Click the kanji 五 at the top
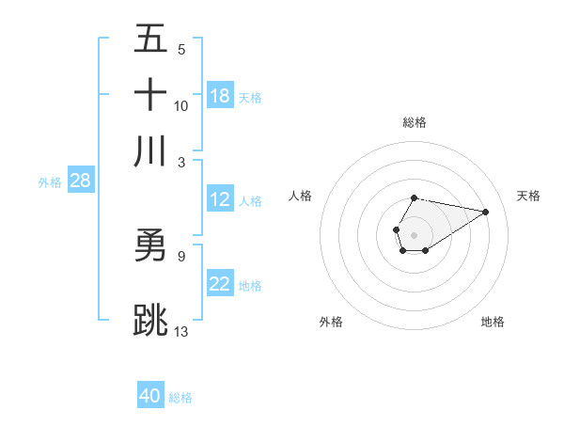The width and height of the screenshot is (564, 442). pyautogui.click(x=151, y=39)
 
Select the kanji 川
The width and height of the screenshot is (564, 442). pyautogui.click(x=151, y=151)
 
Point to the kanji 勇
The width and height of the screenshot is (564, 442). pyautogui.click(x=151, y=245)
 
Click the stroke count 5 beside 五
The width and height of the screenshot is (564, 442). pyautogui.click(x=181, y=49)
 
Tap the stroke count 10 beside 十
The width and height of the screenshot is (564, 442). pyautogui.click(x=181, y=105)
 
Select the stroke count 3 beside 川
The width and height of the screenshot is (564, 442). pyautogui.click(x=181, y=162)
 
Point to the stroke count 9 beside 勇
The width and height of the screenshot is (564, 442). pyautogui.click(x=181, y=255)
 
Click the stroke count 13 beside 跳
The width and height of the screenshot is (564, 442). pyautogui.click(x=181, y=330)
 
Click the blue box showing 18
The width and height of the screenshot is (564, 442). pyautogui.click(x=220, y=96)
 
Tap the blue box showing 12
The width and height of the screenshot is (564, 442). pyautogui.click(x=220, y=199)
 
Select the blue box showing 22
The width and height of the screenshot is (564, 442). pyautogui.click(x=220, y=284)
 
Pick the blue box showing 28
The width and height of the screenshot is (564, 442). pyautogui.click(x=80, y=181)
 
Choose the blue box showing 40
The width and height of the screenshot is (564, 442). pyautogui.click(x=150, y=396)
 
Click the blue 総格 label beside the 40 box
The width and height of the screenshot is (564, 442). pyautogui.click(x=180, y=398)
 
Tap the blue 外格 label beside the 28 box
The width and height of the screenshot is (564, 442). pyautogui.click(x=50, y=182)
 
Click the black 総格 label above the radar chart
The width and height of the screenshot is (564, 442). pyautogui.click(x=415, y=122)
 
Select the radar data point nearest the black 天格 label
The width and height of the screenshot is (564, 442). pyautogui.click(x=485, y=212)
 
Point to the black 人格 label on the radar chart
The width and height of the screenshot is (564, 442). pyautogui.click(x=301, y=196)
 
